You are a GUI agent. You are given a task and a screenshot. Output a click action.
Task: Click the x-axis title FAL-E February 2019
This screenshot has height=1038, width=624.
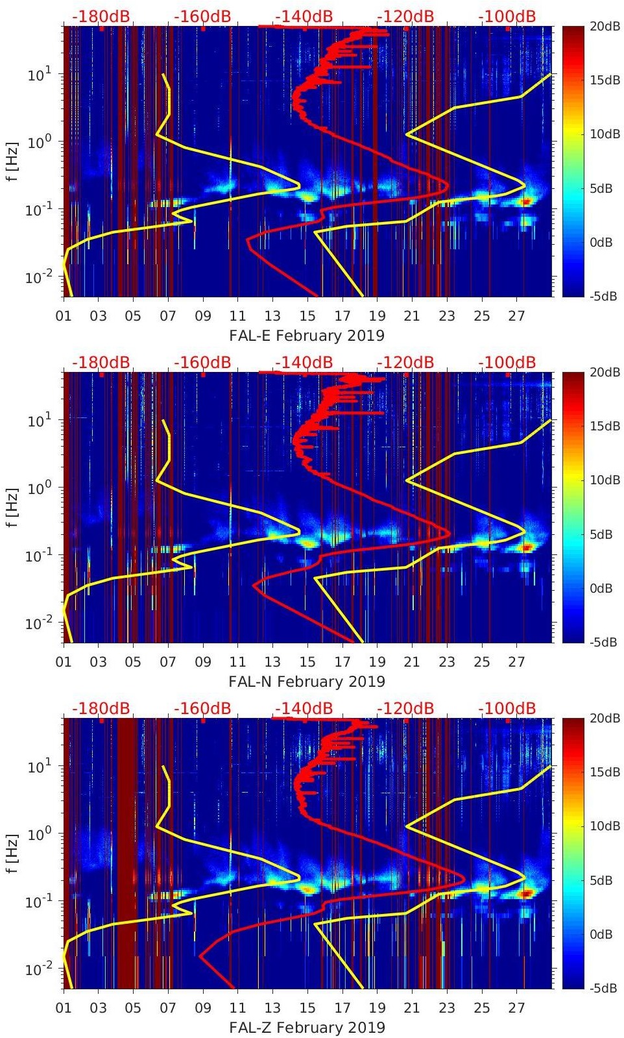[307, 336]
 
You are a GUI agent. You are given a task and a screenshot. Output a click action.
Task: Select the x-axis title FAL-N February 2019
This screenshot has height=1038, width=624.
[307, 682]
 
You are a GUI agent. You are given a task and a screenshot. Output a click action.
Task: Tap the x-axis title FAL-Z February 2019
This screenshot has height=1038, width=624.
[307, 1028]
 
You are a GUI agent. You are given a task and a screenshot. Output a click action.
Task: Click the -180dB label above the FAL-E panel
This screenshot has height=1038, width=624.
[101, 16]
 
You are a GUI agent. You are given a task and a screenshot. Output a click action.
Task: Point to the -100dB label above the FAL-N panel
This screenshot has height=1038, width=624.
[507, 362]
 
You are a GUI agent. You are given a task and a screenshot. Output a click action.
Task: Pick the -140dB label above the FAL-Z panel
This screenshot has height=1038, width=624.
[304, 708]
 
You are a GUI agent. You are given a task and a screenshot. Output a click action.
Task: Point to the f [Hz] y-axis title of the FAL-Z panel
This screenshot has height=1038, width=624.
[12, 853]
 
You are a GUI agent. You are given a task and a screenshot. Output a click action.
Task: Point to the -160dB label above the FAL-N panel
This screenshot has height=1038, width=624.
[202, 362]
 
